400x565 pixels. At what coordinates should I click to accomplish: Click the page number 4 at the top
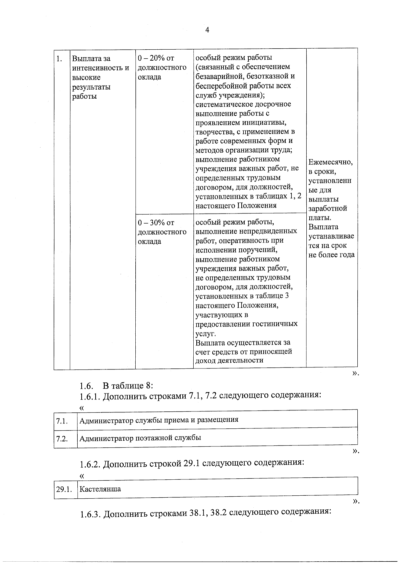(x=207, y=30)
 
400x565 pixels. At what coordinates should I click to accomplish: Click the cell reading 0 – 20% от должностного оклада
(x=162, y=68)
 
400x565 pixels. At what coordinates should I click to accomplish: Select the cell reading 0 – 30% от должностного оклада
(x=162, y=232)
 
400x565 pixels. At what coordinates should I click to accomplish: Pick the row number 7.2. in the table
(x=62, y=439)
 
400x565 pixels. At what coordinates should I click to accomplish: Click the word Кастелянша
(x=100, y=489)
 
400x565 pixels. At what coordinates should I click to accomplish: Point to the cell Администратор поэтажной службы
(x=140, y=438)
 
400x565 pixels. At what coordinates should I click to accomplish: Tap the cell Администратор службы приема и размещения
(x=159, y=419)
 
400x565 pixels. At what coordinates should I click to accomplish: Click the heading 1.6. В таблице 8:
(x=116, y=386)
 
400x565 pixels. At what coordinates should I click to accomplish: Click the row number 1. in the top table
(x=59, y=59)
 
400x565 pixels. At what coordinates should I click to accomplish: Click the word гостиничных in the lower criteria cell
(x=278, y=324)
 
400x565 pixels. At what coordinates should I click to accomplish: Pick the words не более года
(x=331, y=255)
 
